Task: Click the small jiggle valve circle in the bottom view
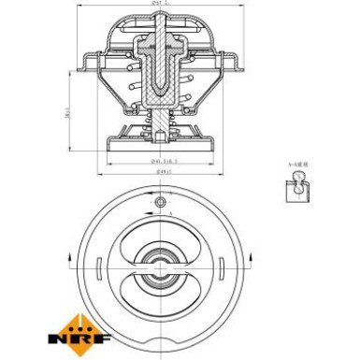click(160, 202)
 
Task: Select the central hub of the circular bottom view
click(160, 266)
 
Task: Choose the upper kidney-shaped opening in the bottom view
click(160, 238)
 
